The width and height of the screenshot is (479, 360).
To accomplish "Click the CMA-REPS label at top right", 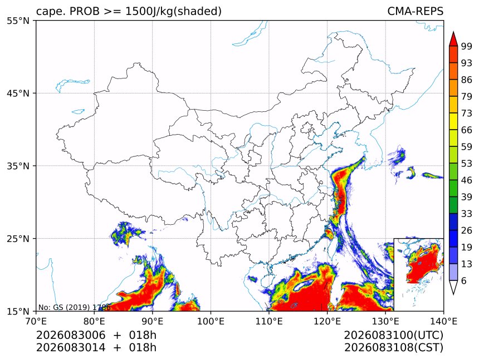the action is point(415,11).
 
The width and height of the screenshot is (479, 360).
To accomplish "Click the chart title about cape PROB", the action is point(129,11).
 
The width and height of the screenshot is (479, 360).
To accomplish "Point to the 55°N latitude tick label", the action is point(18,21).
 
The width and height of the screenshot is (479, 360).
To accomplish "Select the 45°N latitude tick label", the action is point(18,93).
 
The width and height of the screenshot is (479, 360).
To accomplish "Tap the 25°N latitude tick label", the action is point(18,239).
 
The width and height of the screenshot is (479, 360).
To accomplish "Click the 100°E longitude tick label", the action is point(211,321).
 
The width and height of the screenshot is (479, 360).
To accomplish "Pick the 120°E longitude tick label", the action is point(327,321).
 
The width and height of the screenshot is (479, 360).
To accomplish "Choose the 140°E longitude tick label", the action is point(443,321).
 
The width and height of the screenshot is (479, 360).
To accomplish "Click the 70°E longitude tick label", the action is point(36,321).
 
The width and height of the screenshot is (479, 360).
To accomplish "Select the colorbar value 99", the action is point(467,46).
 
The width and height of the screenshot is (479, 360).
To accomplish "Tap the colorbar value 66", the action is point(467,130).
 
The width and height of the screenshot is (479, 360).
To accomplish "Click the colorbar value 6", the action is point(464,280).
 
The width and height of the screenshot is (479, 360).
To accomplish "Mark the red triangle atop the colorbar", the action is point(453,38).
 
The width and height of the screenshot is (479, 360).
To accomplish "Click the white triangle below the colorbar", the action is point(453,288).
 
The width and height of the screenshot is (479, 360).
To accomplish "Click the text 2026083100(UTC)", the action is point(393,336).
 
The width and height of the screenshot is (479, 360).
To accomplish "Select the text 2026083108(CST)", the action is point(393,348).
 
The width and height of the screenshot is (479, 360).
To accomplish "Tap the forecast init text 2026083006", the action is point(71,336).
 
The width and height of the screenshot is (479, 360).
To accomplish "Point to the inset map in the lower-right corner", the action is point(418,274).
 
